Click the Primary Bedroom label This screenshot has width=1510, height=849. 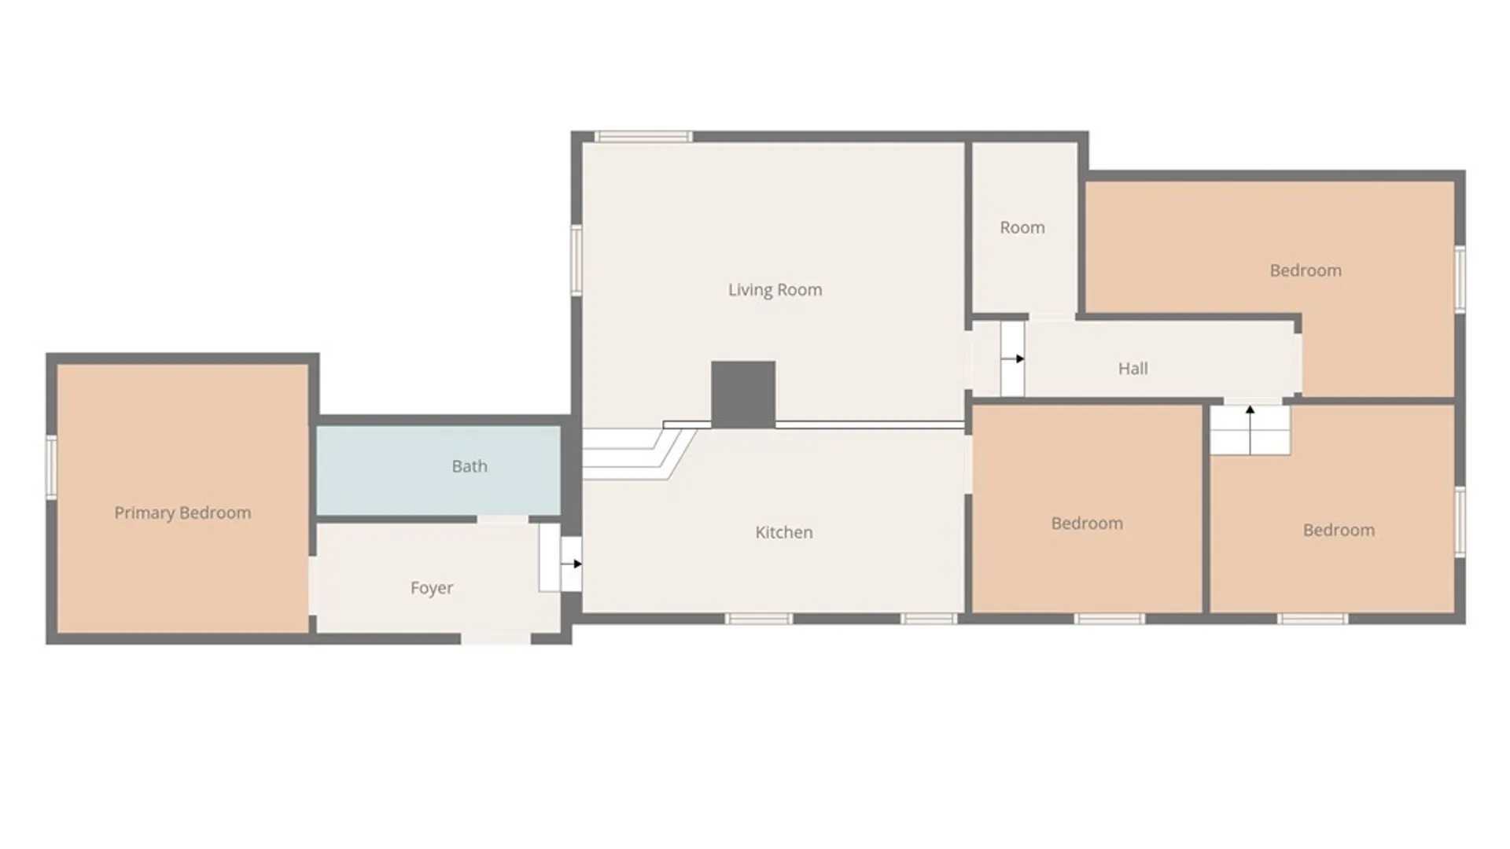(x=182, y=513)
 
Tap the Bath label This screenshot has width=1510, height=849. (x=470, y=466)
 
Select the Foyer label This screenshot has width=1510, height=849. (x=432, y=588)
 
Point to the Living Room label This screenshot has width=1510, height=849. (x=775, y=289)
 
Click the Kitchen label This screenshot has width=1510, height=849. (x=784, y=532)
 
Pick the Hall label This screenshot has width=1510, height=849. (x=1133, y=368)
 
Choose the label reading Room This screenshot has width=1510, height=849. (x=1022, y=227)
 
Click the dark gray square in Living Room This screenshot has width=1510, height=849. (x=743, y=395)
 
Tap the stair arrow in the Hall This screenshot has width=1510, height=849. (x=1013, y=358)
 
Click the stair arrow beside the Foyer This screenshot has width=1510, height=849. (x=572, y=564)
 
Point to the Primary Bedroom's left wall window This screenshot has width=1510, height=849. (x=52, y=467)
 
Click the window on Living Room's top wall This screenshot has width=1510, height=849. (x=643, y=137)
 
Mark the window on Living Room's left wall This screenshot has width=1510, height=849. (x=576, y=260)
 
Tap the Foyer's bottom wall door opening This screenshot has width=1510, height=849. (x=495, y=638)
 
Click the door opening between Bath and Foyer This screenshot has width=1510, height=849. (x=503, y=520)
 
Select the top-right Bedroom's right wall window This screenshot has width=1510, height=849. (x=1460, y=278)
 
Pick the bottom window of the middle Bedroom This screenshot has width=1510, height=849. (x=1110, y=619)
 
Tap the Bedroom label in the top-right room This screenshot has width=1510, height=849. (x=1306, y=270)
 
